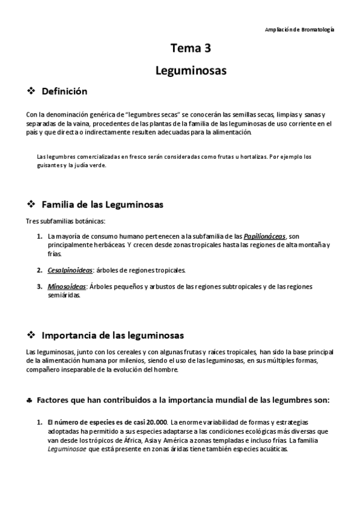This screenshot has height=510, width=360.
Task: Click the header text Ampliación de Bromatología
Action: coord(299,29)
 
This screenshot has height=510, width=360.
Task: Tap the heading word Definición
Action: coord(64,91)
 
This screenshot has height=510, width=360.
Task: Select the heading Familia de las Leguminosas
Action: coord(102,204)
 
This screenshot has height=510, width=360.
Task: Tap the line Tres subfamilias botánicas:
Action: coord(66,221)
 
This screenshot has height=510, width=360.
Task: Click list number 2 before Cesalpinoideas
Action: coord(39,270)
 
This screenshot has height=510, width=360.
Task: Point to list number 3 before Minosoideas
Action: coord(39,287)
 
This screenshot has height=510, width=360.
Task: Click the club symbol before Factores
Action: coord(30,399)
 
